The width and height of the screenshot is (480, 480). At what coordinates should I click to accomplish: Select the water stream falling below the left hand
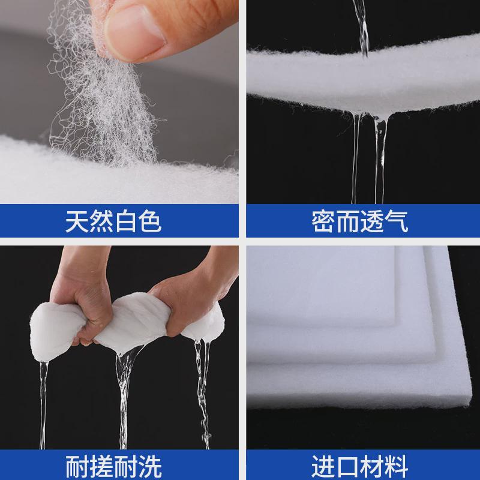(x=43, y=396)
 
